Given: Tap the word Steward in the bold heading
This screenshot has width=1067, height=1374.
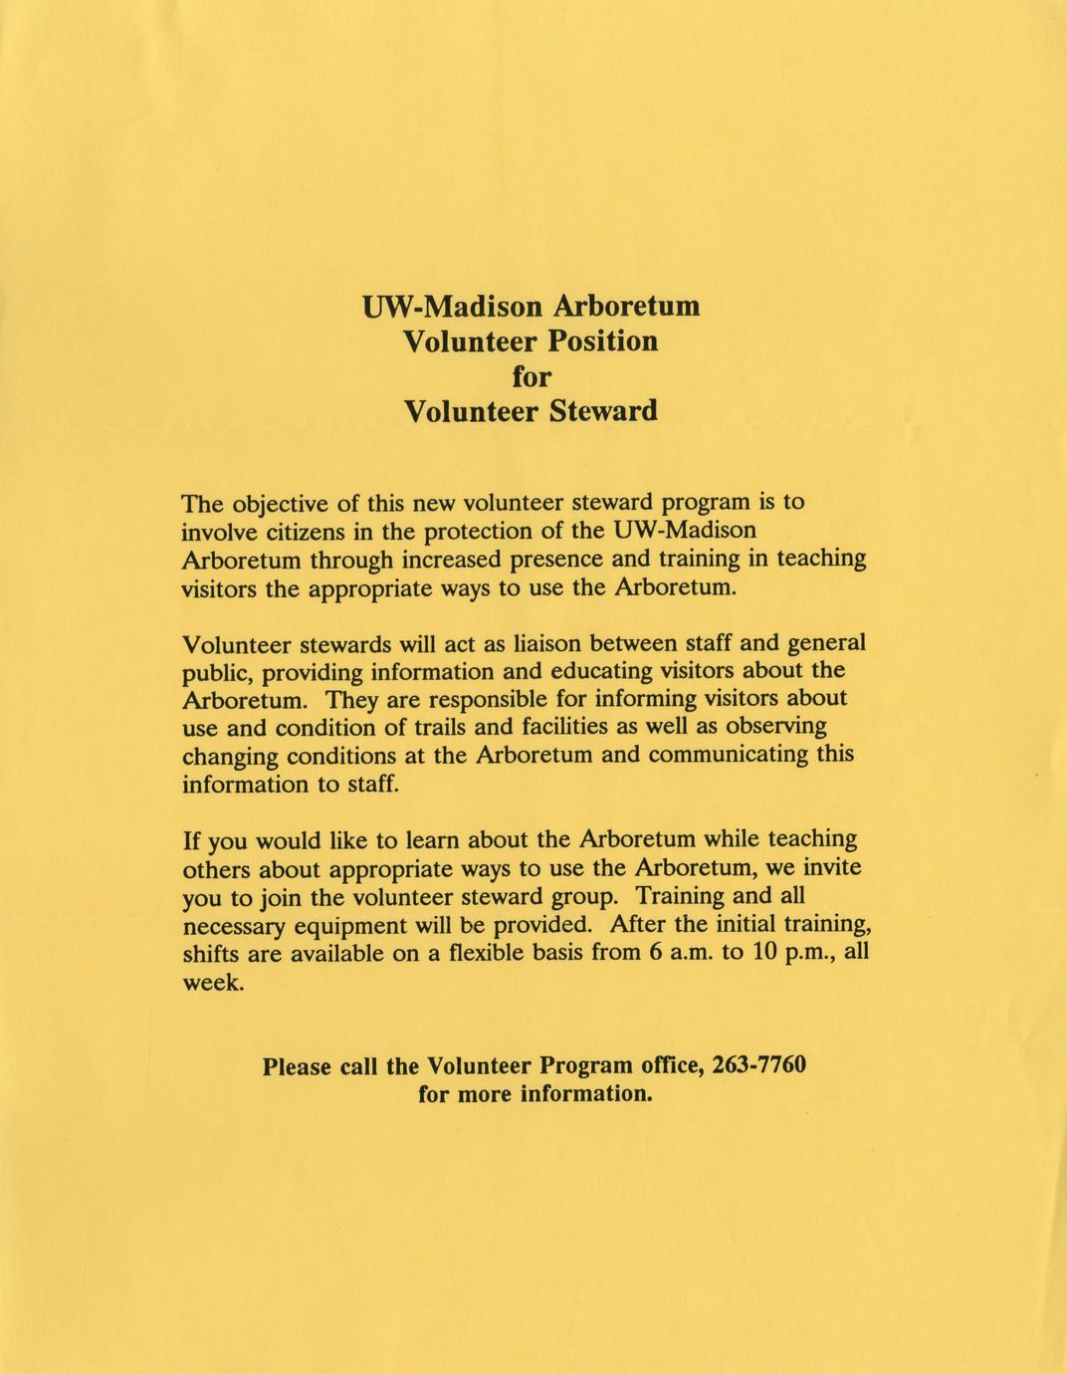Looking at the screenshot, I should coord(603,411).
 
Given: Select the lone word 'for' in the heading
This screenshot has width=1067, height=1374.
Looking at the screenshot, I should coord(531,376).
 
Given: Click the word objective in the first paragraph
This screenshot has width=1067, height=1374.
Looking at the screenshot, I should coord(287,503).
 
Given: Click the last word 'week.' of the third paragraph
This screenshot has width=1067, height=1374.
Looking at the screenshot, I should coord(212,982).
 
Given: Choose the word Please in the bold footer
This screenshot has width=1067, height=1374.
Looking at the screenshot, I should coord(297,1066).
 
